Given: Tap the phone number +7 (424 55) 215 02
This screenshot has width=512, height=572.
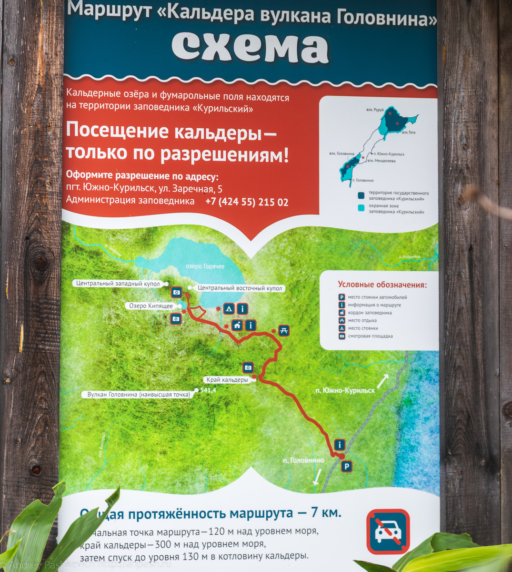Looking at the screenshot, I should (247, 202).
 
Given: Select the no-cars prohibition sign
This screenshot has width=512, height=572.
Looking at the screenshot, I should (388, 532).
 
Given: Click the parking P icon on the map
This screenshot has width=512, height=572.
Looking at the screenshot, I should (347, 467).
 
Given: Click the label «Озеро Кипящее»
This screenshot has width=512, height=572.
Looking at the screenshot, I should (150, 306).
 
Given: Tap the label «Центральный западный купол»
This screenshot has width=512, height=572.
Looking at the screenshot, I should (118, 283).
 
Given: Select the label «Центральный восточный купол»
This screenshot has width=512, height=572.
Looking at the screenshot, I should (240, 288).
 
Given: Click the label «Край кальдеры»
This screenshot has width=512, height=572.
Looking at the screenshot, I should (227, 380).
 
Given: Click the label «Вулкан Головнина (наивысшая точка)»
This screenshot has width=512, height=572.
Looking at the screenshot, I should (139, 394).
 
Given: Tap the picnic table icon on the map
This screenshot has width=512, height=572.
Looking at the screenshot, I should (284, 330).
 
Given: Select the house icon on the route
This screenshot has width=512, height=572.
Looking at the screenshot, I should (237, 326).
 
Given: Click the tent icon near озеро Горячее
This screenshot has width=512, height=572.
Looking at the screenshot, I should (229, 309).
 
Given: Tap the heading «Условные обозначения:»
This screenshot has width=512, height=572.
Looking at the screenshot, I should (382, 285).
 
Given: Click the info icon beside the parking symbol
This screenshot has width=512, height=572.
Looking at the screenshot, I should (340, 445).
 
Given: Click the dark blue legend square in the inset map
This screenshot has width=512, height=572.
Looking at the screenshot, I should (361, 195).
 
